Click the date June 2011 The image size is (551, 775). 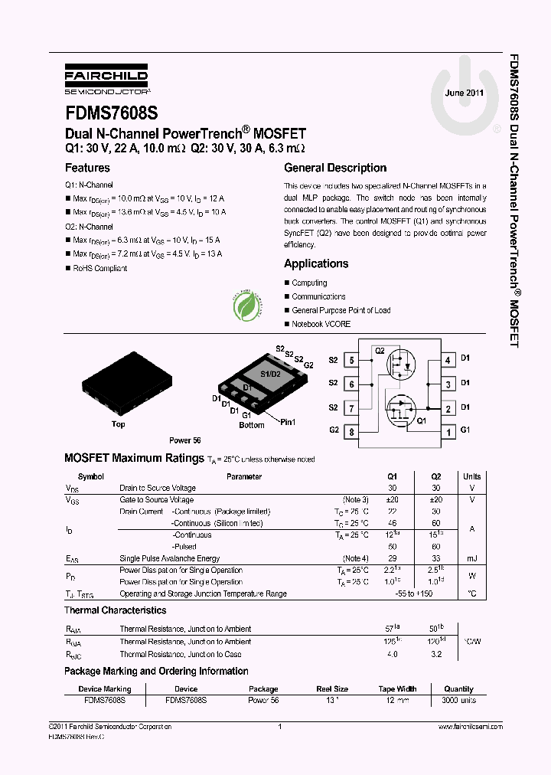coord(465,93)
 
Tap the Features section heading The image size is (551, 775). coord(87,168)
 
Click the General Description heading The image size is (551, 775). coord(335,168)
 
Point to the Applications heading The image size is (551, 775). coord(316,263)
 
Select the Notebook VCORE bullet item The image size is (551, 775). coord(321,324)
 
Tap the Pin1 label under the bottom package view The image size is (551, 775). coord(287,422)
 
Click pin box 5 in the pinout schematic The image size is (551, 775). coord(350,359)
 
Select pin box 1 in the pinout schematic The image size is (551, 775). coord(448,432)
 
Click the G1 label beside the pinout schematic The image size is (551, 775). coord(465,430)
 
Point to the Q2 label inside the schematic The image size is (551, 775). coord(380,350)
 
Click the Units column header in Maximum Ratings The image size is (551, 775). coord(472,476)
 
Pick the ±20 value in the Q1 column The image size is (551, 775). coord(393,499)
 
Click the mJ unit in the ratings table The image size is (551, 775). coord(472,558)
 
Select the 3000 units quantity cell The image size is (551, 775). coord(459,701)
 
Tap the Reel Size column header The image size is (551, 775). coord(331,688)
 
